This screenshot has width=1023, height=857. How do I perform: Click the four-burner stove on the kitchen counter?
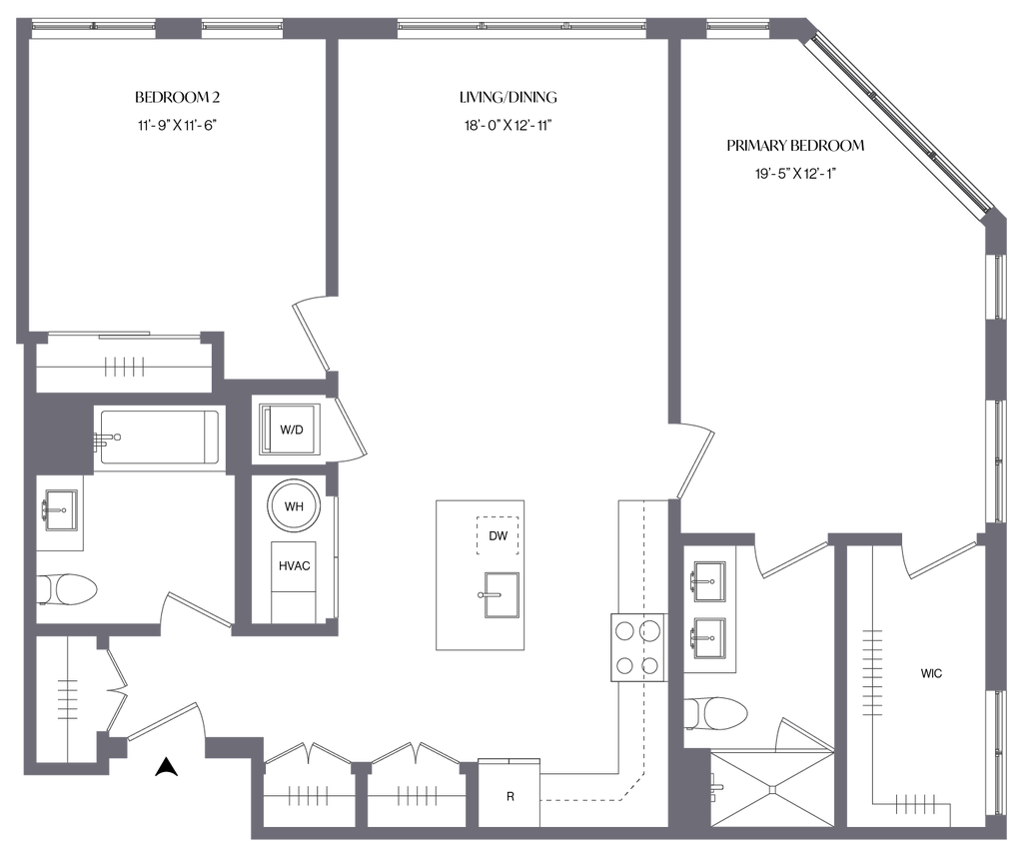pyautogui.click(x=637, y=647)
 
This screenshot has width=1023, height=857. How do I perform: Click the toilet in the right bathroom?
pyautogui.click(x=719, y=712)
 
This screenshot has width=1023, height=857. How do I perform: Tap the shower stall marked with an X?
pyautogui.click(x=770, y=788)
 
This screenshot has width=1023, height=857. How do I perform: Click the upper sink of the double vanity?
pyautogui.click(x=707, y=580)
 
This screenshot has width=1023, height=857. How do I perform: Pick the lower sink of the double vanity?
pyautogui.click(x=707, y=635)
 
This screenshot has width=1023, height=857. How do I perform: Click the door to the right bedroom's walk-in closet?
pyautogui.click(x=939, y=560)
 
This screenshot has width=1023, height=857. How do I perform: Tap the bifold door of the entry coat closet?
pyautogui.click(x=114, y=689)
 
